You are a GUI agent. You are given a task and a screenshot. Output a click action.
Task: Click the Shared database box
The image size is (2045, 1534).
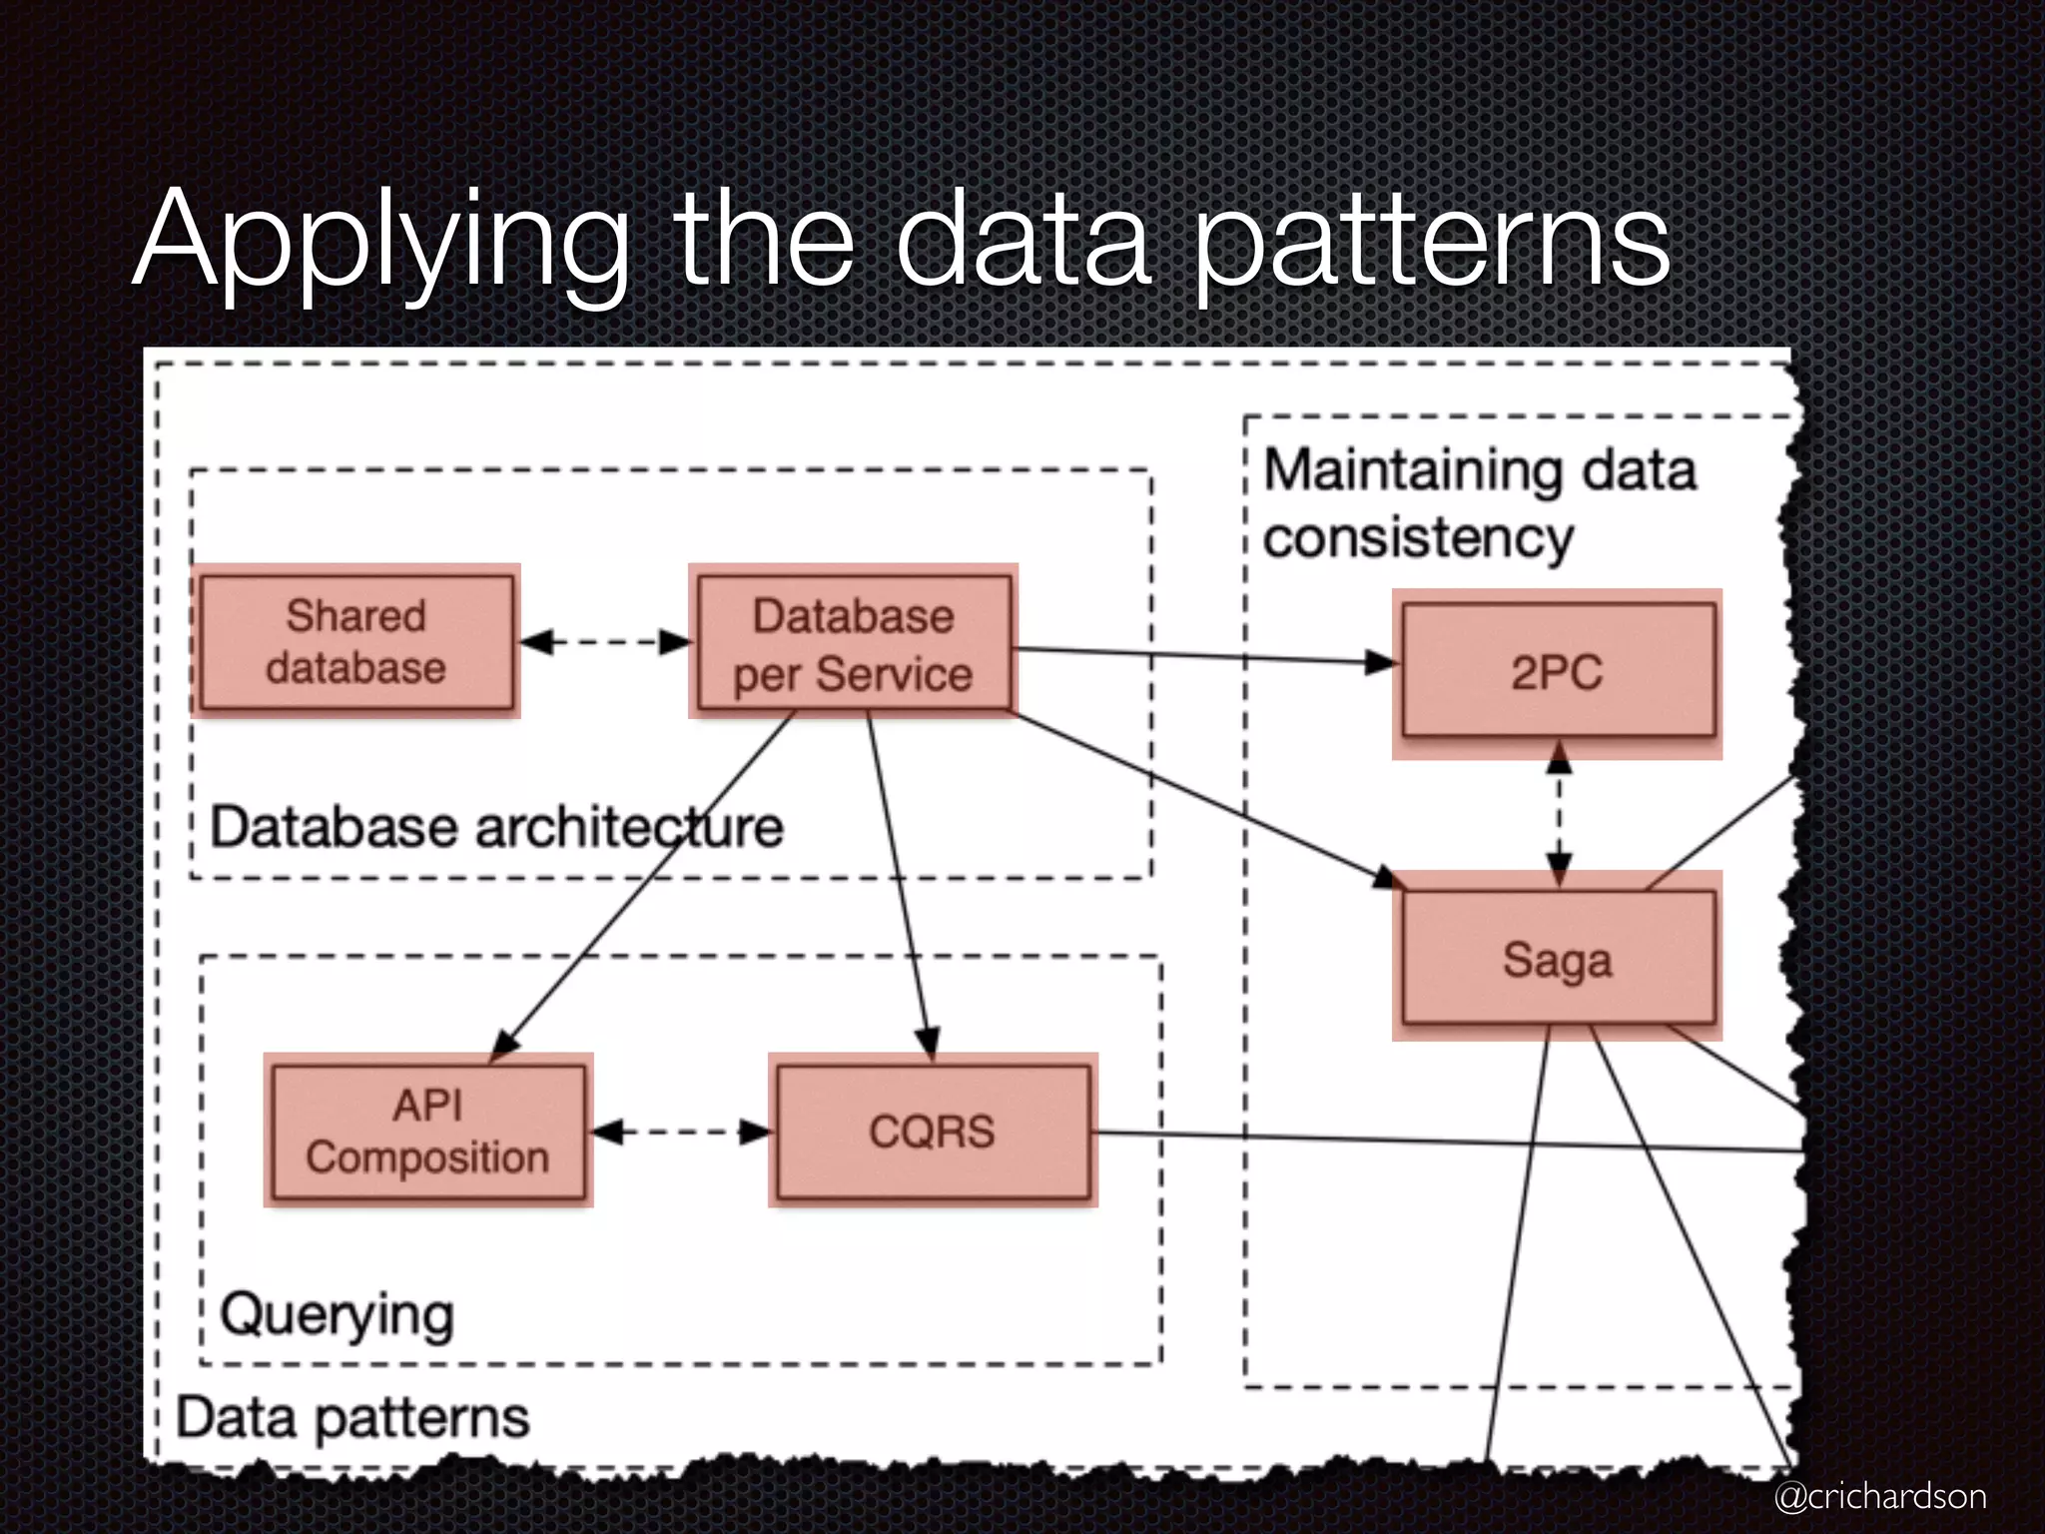(356, 641)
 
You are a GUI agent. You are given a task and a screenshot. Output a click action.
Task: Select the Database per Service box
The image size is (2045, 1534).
(854, 642)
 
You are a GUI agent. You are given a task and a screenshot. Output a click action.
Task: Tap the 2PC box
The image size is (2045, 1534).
(1557, 672)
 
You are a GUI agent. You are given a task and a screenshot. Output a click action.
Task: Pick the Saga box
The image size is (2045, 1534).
(1557, 958)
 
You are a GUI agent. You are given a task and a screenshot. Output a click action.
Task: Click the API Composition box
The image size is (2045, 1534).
(427, 1131)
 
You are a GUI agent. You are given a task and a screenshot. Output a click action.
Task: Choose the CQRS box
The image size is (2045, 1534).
(933, 1131)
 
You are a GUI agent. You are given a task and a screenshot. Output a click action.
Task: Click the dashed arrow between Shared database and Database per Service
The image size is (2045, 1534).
(605, 641)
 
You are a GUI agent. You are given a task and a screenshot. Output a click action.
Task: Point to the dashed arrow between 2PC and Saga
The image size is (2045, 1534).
(1559, 814)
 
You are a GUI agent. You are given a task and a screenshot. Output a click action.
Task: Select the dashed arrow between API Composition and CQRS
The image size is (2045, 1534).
(682, 1132)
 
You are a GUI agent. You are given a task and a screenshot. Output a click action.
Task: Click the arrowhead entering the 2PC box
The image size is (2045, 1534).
(1382, 661)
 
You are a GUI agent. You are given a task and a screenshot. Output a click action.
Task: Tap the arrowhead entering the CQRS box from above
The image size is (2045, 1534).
(928, 1043)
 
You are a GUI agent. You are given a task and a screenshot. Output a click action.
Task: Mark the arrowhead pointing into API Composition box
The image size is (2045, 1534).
(504, 1044)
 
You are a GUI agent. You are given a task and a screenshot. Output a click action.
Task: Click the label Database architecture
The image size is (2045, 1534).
(496, 828)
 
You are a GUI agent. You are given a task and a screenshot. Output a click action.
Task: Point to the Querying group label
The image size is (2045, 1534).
(337, 1315)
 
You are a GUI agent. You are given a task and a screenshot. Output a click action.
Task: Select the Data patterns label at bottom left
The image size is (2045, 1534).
(351, 1418)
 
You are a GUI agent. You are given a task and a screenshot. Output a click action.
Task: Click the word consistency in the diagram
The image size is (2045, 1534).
(1418, 538)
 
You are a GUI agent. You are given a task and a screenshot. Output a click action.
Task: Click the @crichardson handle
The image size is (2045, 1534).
(1879, 1496)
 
